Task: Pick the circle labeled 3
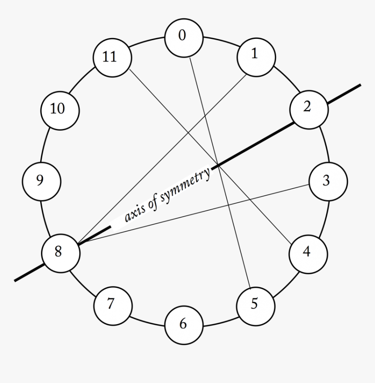point(328,181)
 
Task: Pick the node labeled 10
point(60,109)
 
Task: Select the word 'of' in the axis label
point(152,204)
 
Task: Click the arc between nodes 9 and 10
point(45,144)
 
